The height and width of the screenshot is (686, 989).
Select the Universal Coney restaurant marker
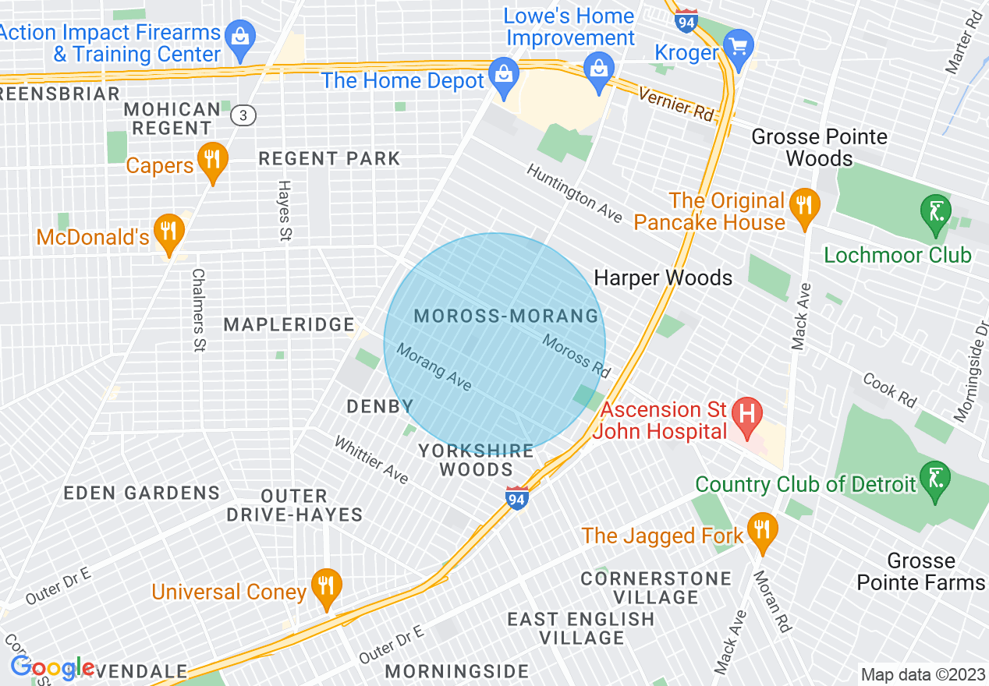[326, 586]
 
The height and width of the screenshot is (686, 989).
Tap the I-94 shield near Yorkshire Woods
[516, 498]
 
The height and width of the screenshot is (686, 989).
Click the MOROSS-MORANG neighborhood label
[506, 316]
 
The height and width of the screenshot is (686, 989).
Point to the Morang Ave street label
[434, 367]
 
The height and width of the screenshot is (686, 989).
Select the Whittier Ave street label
[371, 460]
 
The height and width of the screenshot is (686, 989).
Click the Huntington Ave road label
[574, 193]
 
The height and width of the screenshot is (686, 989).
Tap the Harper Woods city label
[663, 278]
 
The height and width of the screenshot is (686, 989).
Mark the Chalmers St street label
[198, 310]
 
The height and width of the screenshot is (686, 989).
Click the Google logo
[51, 667]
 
